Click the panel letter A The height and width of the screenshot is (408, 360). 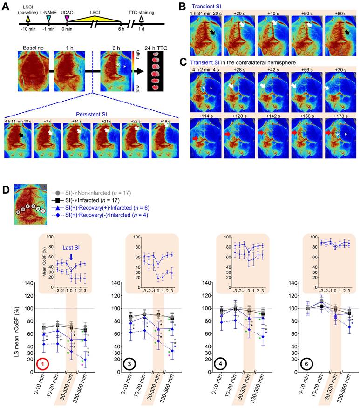[x=6, y=6]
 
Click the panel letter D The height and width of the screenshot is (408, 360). [x=6, y=190]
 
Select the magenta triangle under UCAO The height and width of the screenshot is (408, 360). [x=68, y=18]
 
